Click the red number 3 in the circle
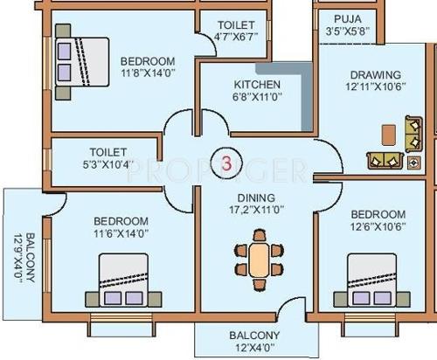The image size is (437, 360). (x=226, y=163)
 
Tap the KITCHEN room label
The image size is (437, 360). (x=257, y=85)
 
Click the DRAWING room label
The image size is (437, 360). (x=374, y=75)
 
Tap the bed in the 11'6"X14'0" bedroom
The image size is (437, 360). (x=121, y=280)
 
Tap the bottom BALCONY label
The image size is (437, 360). (x=254, y=336)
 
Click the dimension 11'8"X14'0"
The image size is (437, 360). (x=147, y=73)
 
